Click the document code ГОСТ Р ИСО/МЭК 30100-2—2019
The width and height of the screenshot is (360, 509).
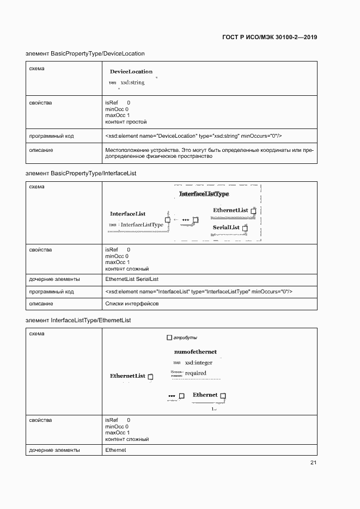tap(270, 37)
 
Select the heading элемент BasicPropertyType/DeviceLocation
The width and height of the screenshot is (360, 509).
tap(85, 53)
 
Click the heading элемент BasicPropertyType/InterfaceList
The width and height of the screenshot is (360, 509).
tap(81, 173)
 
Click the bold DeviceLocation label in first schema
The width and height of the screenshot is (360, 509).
tap(131, 71)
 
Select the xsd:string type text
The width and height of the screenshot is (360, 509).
tap(132, 83)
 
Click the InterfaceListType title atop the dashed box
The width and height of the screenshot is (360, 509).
tap(204, 194)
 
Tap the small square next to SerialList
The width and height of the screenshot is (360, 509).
tap(245, 228)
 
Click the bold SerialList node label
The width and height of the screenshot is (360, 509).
tap(226, 227)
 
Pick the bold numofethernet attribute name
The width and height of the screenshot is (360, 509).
tap(195, 352)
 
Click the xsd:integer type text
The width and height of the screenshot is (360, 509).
tap(198, 363)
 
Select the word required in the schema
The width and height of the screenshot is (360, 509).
tap(196, 373)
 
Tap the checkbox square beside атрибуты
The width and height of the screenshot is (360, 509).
tap(169, 338)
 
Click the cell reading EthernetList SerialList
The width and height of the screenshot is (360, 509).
tap(132, 279)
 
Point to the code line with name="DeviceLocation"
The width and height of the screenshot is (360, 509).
tap(193, 136)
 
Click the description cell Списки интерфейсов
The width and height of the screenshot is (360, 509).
tap(132, 304)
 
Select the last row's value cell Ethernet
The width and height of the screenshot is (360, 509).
tap(115, 450)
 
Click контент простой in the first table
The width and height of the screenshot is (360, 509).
tap(126, 122)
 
